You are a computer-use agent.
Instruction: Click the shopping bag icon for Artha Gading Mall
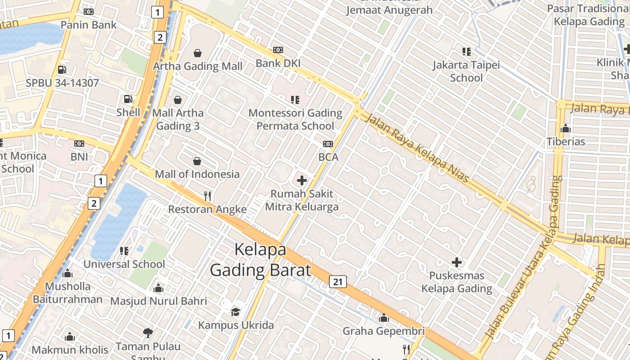[x=197, y=53]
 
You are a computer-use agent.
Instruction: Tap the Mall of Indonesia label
[x=197, y=174]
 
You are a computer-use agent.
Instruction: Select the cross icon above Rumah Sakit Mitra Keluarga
[x=302, y=181]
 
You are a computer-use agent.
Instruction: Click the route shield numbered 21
[x=338, y=282]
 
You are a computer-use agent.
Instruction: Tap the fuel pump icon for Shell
[x=128, y=99]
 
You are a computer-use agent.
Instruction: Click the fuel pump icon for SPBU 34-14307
[x=62, y=70]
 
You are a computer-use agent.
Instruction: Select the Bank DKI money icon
[x=278, y=50]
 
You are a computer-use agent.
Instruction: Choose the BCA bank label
[x=328, y=157]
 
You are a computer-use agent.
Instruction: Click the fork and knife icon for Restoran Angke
[x=207, y=196]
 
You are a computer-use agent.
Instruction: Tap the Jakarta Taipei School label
[x=466, y=72]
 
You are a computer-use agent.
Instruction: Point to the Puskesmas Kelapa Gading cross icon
[x=457, y=262]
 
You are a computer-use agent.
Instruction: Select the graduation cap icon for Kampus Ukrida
[x=236, y=312]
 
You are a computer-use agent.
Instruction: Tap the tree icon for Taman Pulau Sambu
[x=148, y=333]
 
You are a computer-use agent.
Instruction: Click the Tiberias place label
[x=566, y=142]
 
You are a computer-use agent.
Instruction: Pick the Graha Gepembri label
[x=383, y=331]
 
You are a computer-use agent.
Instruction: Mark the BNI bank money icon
[x=79, y=144]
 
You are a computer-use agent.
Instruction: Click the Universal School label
[x=124, y=264]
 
